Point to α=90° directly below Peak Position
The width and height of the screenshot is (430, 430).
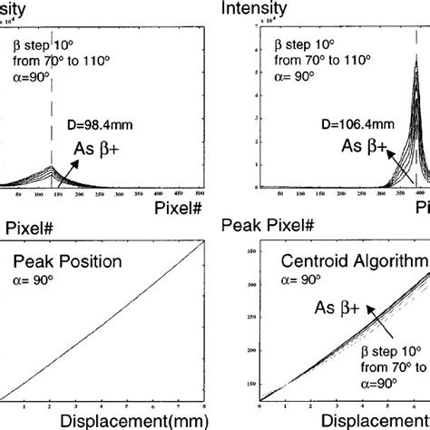pos(35,282)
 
